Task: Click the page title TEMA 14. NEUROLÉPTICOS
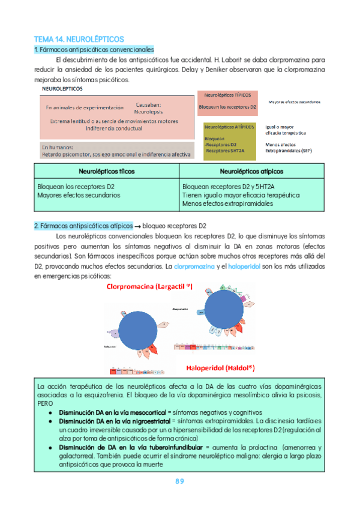(78, 38)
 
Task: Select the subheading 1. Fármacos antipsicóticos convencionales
(94, 49)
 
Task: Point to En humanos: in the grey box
(58, 146)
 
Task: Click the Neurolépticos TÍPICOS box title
(227, 95)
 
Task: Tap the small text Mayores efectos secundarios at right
(294, 102)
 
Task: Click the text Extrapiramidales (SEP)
(289, 150)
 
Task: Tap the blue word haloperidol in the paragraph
(244, 266)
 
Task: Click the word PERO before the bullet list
(46, 405)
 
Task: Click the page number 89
(180, 481)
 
